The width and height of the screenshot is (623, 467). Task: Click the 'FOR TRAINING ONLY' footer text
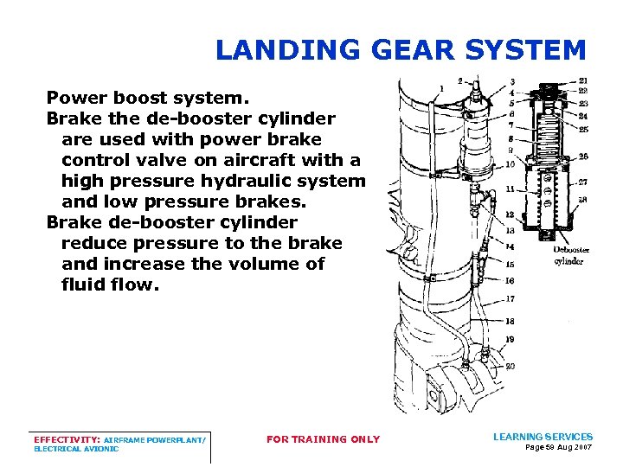[x=323, y=439]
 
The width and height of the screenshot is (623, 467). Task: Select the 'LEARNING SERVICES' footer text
[x=543, y=437]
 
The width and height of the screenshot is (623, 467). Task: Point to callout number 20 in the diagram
[x=511, y=366]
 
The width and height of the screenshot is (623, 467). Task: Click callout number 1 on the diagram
[x=442, y=87]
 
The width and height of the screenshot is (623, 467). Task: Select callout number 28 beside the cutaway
[x=583, y=200]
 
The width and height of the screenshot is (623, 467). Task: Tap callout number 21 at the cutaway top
[x=583, y=81]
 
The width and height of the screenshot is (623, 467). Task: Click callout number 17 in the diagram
[x=511, y=299]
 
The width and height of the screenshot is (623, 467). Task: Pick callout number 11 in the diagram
[x=511, y=189]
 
